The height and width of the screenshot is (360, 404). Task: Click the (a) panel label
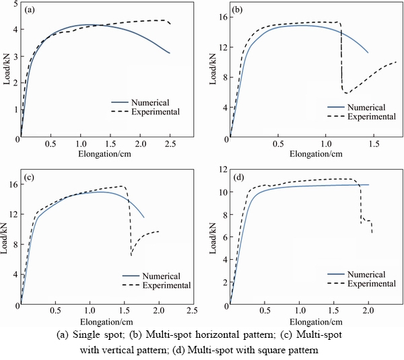(30, 11)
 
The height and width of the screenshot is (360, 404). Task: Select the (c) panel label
(30, 178)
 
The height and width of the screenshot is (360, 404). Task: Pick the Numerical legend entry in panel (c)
(162, 276)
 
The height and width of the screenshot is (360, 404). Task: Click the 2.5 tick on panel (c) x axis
(192, 312)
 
